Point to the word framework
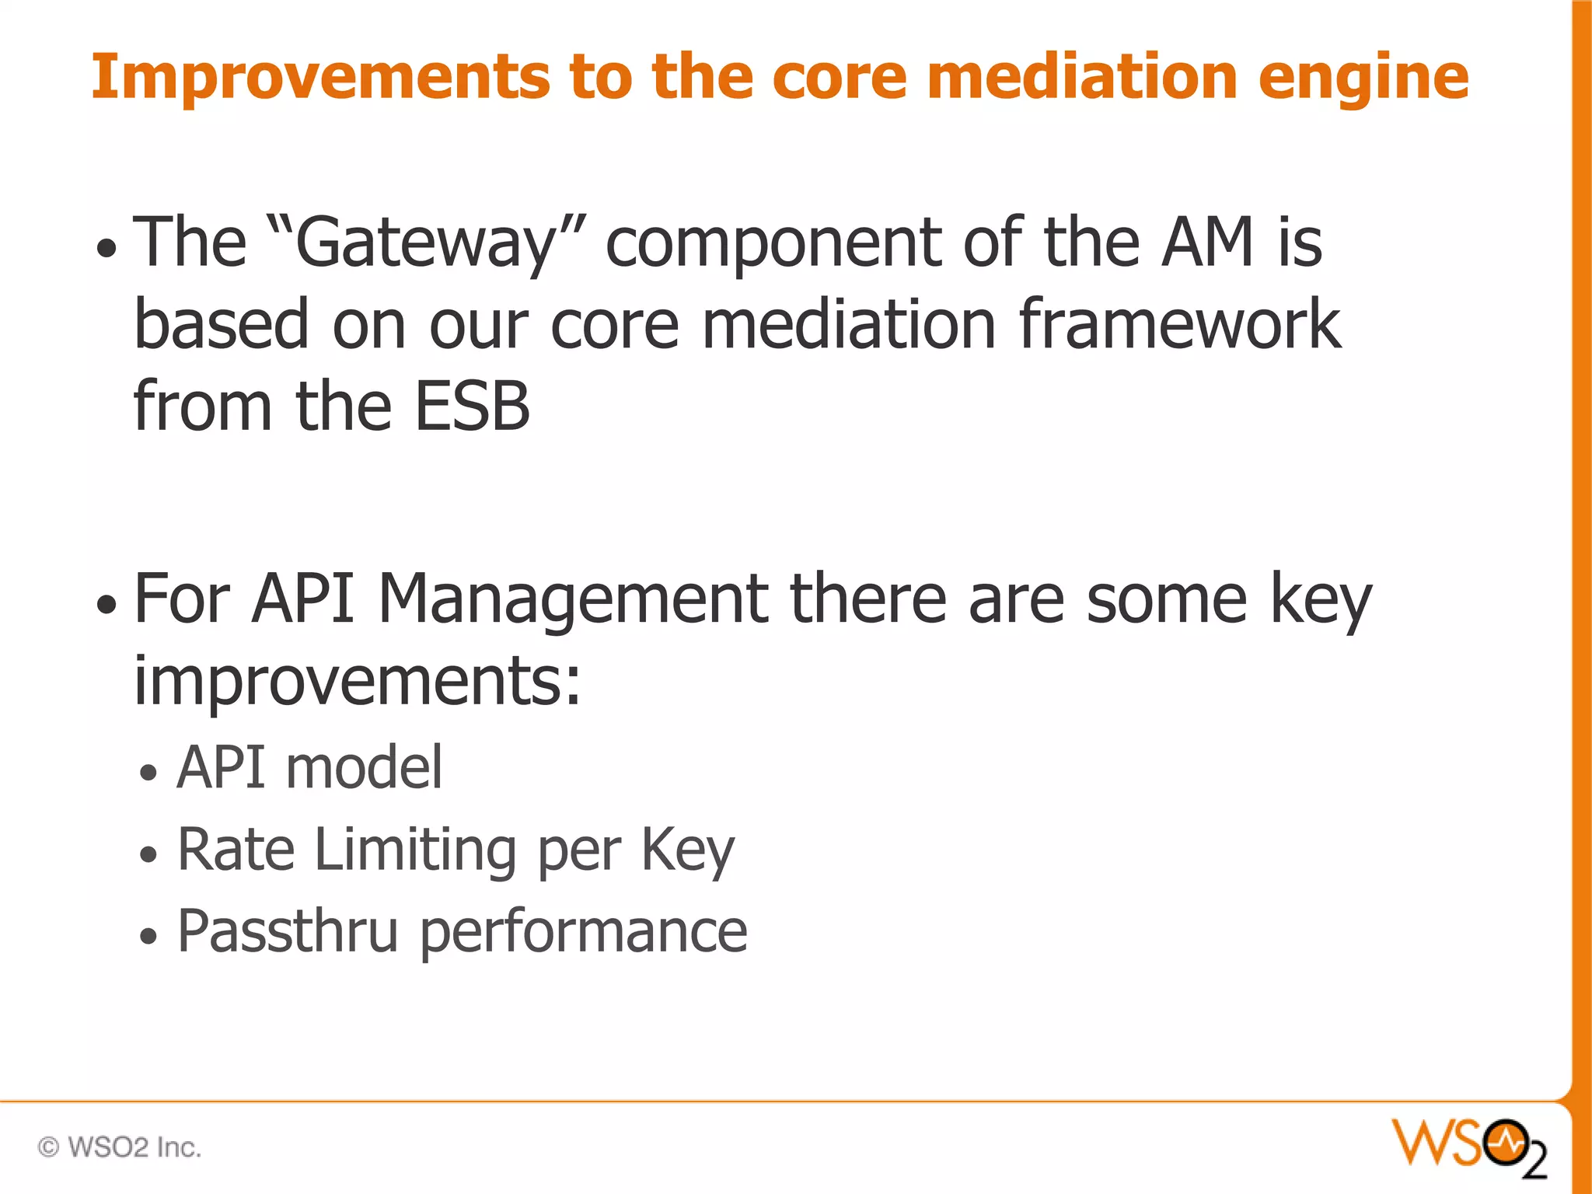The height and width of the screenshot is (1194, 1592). tap(1179, 325)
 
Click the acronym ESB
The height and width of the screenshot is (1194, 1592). tap(472, 406)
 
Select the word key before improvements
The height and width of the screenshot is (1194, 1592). tap(1321, 600)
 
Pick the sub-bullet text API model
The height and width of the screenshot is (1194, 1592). tap(309, 768)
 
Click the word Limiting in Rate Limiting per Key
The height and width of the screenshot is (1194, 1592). tap(416, 850)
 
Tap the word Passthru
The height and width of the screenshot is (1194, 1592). tap(288, 931)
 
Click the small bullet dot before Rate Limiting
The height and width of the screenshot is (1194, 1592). tap(148, 855)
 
